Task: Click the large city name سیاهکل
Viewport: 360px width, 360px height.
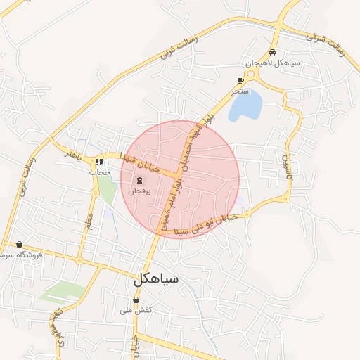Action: pos(156,278)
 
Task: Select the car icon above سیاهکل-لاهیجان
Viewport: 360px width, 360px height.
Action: pos(273,53)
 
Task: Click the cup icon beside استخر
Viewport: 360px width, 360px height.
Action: pos(241,81)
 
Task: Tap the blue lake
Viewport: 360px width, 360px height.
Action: pos(245,105)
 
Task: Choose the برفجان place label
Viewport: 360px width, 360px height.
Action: pos(139,191)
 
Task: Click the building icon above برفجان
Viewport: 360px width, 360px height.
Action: pos(139,180)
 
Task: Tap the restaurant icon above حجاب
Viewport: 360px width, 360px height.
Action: pos(99,162)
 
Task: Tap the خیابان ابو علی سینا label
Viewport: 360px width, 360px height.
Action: pos(211,225)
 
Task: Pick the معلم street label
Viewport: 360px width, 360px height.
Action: pos(88,211)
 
